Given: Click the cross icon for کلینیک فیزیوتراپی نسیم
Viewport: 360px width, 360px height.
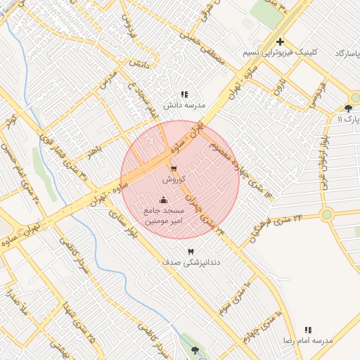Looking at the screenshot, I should [x=280, y=42].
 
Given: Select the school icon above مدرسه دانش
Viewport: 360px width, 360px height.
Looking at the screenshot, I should [x=184, y=94].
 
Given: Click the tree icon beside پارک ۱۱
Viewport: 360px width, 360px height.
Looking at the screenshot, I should [x=348, y=108].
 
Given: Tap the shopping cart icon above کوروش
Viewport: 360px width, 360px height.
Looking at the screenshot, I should [x=173, y=169].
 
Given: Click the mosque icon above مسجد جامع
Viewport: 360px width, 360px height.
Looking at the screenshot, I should [x=164, y=200].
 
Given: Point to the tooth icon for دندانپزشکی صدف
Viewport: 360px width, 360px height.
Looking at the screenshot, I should [x=190, y=252].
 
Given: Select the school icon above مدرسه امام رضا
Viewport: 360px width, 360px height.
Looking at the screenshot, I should [x=308, y=330].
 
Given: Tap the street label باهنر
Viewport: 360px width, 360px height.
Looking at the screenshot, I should [x=94, y=150].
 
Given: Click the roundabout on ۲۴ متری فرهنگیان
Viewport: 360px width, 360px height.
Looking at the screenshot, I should [x=326, y=214].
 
